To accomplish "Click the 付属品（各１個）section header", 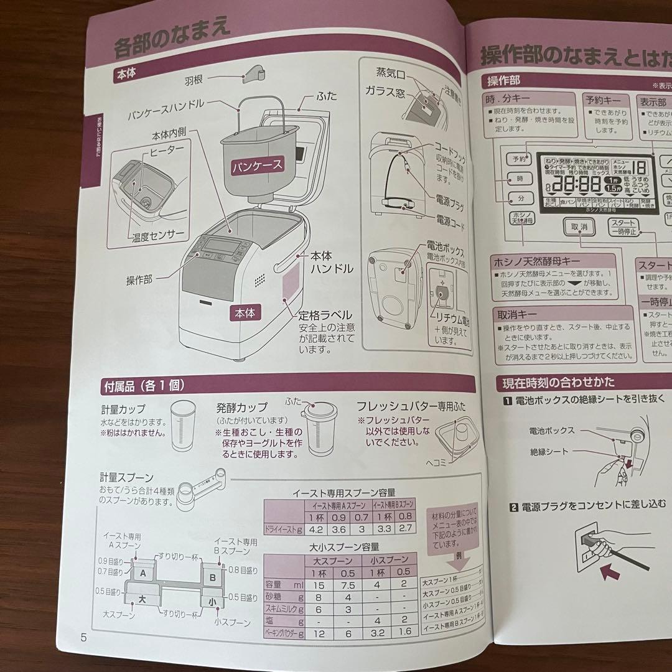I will click(143, 386).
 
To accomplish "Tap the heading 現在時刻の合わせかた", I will click(554, 381).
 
